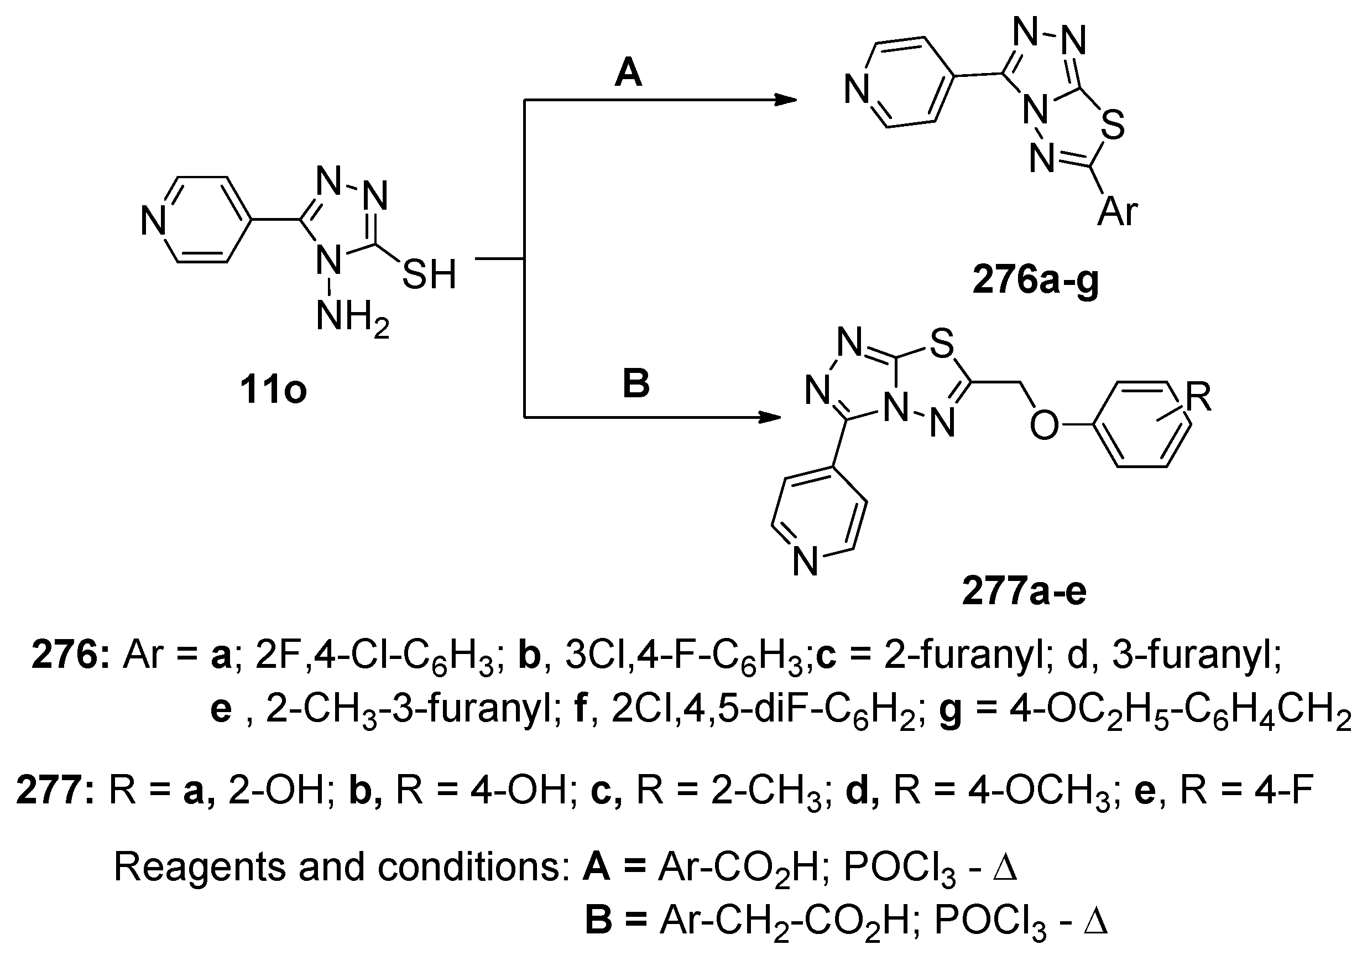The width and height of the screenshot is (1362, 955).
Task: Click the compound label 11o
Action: point(273,391)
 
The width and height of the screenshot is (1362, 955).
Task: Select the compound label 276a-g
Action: point(1035,280)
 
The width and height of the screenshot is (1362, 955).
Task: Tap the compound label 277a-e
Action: point(1024,591)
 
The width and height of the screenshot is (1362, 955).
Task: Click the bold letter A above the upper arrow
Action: point(628,74)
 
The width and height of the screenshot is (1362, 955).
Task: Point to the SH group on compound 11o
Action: point(429,274)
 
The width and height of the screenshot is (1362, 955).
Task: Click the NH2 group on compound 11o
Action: point(352,317)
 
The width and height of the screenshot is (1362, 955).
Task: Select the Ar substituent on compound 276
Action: point(1118,211)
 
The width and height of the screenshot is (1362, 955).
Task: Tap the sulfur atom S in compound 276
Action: point(1114,126)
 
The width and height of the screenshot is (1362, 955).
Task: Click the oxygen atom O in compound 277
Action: point(1043,425)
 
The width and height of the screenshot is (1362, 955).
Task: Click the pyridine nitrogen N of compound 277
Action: point(805,562)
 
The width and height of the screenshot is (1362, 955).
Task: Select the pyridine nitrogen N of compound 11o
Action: point(153,221)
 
